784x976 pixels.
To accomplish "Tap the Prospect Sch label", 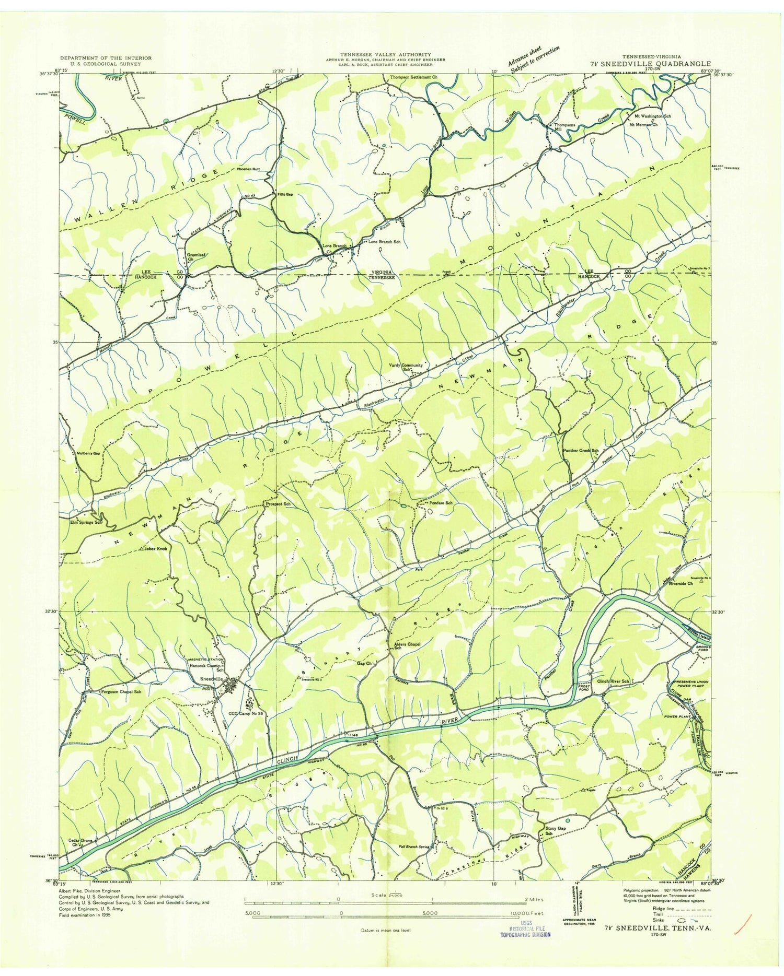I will point(278,504).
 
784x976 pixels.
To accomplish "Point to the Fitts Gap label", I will point(284,194).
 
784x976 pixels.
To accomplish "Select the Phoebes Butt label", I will point(248,169).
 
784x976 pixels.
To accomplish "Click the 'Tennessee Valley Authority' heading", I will point(386,54).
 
